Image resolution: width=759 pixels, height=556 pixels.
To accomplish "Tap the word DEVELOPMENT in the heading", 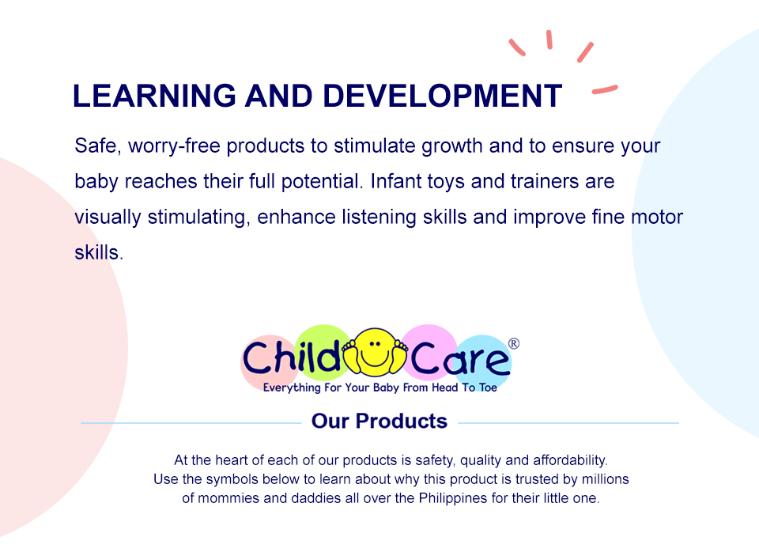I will coord(442,96).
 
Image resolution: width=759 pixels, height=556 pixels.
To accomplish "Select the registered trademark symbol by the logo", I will coord(513,343).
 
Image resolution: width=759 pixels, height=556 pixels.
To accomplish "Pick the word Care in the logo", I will coord(460,360).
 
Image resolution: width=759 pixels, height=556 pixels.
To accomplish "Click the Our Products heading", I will coord(379,421).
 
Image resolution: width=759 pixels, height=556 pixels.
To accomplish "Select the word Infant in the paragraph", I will coord(400,181).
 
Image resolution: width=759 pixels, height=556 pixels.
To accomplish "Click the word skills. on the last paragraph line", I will coord(99,252).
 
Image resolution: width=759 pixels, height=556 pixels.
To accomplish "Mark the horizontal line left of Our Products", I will coord(190,423).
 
